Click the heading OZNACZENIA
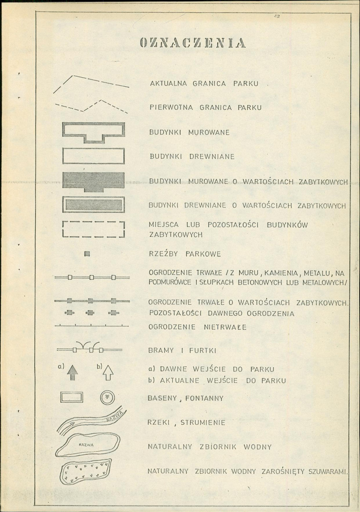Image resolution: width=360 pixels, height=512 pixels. coord(192,43)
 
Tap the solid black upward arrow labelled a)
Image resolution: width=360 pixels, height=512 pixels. coord(73,372)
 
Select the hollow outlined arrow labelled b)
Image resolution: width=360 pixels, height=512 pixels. coord(108,373)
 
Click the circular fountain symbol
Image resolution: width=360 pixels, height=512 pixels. coord(107,397)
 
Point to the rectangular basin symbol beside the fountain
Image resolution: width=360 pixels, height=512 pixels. coord(71,397)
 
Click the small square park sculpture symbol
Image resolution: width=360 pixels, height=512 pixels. coord(87,254)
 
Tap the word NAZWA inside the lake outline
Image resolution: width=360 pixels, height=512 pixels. coord(86,445)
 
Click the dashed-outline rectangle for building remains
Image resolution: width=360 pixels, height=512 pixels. coord(94,229)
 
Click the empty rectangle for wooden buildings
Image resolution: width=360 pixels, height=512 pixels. coord(94,156)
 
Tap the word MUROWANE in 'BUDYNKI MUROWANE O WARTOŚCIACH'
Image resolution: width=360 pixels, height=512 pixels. coord(208,182)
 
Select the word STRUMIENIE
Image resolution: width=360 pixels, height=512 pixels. coord(203,423)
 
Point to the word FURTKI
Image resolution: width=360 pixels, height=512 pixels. coord(203,351)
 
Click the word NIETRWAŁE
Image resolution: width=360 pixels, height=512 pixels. coord(225,327)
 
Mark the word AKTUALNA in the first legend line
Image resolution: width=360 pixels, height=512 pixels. coord(168,84)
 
